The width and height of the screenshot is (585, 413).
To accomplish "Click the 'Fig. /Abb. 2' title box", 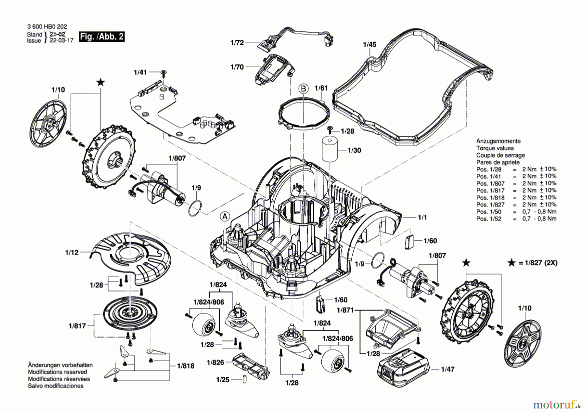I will (102, 36).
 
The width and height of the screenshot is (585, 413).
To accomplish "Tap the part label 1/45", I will (370, 45).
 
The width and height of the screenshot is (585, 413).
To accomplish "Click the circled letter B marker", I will (303, 88).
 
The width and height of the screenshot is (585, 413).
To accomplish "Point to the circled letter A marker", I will (225, 217).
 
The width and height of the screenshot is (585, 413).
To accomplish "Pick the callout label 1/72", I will (237, 43).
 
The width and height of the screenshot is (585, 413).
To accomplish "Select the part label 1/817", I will (77, 326).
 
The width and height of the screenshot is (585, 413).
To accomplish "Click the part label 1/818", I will (186, 366).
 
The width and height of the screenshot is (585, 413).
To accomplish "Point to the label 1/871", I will (345, 310).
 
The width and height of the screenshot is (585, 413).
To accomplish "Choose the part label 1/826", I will (215, 362).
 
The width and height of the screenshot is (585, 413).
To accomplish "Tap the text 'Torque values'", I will (495, 148).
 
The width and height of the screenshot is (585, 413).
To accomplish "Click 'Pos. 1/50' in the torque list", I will (489, 212).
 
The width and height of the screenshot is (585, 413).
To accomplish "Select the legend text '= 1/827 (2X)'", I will (538, 263).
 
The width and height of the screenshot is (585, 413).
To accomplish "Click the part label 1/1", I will (422, 217).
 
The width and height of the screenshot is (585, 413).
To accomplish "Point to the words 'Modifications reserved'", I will (58, 372).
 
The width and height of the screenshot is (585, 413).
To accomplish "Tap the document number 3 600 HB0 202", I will (47, 27).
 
